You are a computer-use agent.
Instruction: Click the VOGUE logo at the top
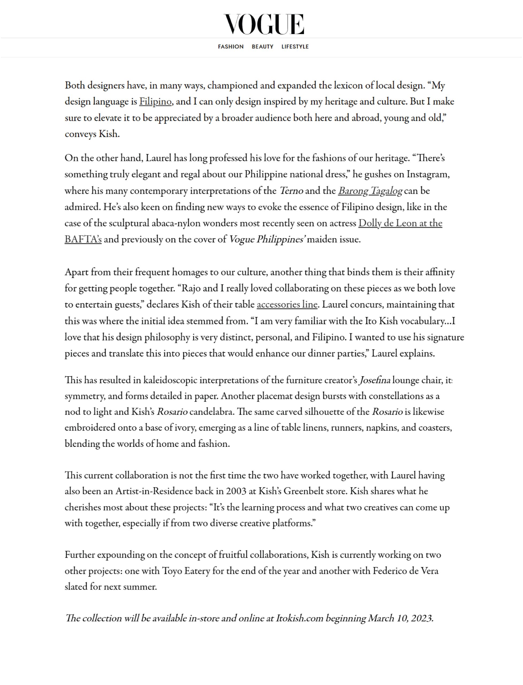tap(264, 24)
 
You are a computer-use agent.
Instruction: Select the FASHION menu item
tap(231, 47)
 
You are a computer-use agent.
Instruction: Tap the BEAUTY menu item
tap(262, 47)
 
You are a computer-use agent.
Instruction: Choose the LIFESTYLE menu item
tap(295, 47)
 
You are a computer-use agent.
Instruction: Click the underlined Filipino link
tap(155, 102)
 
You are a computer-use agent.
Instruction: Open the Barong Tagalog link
tap(370, 191)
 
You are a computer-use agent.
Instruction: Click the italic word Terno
tap(291, 191)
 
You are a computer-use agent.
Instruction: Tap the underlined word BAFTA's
tap(83, 239)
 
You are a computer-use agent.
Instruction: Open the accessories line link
tap(287, 305)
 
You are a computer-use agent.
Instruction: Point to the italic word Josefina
tap(375, 380)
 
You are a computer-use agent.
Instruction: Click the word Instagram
tap(428, 174)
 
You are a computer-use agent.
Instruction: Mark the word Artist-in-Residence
tap(154, 491)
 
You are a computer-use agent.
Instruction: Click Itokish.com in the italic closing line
tap(299, 618)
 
